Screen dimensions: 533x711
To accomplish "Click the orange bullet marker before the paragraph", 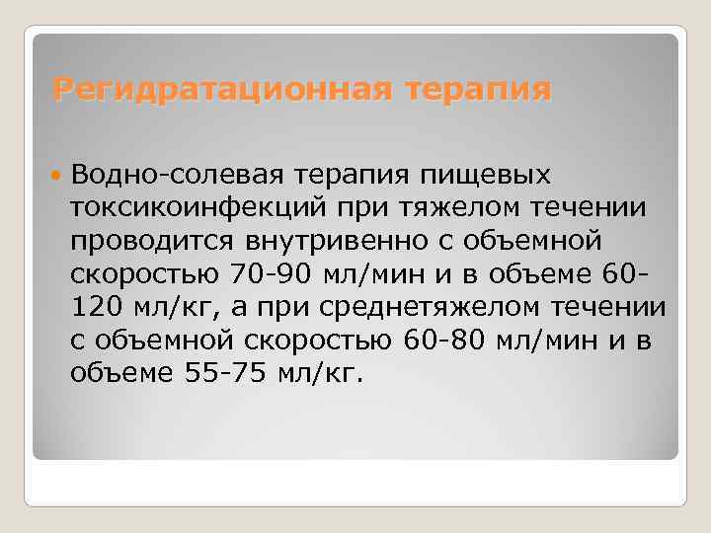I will pyautogui.click(x=56, y=175).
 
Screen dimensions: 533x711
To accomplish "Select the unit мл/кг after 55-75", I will pyautogui.click(x=314, y=374).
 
